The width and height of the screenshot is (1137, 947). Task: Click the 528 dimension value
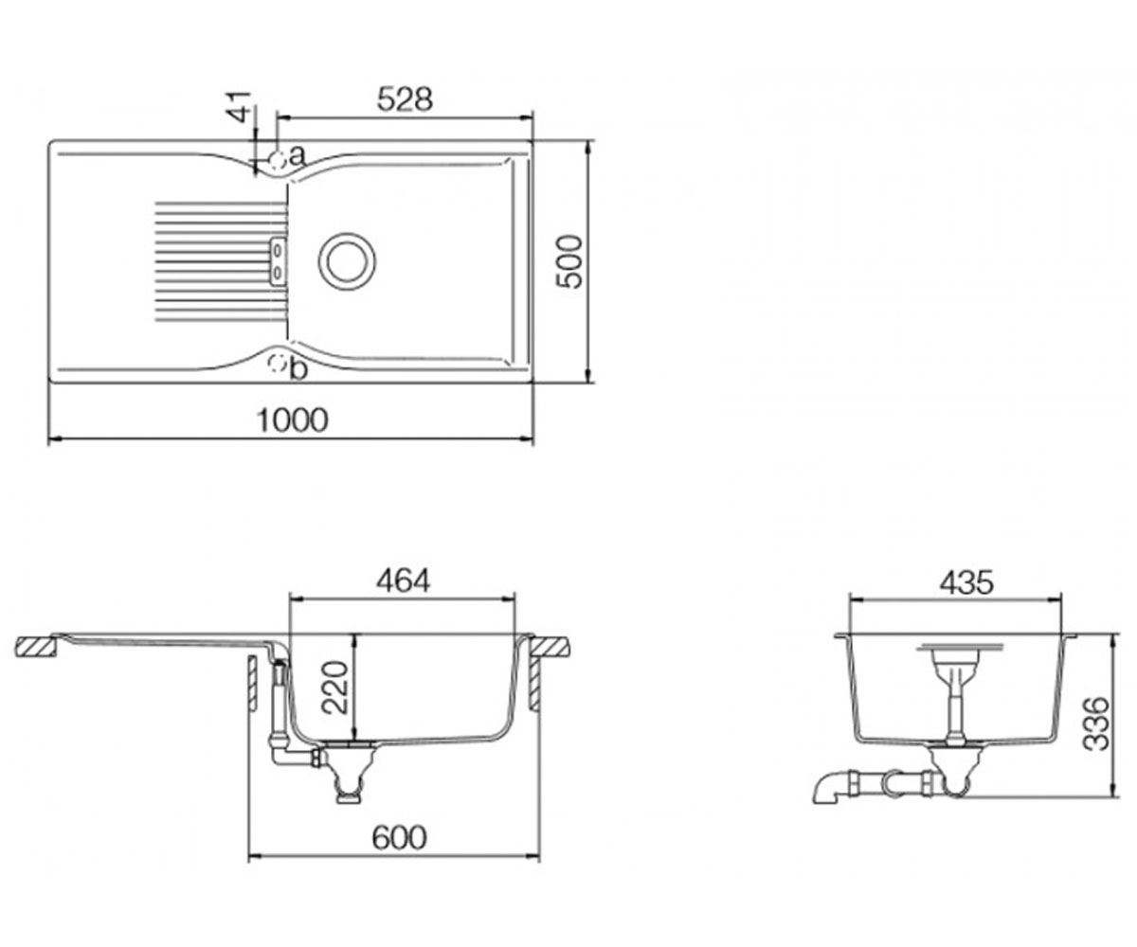click(405, 99)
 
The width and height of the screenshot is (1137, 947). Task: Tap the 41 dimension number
click(239, 107)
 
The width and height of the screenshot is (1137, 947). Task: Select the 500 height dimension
click(569, 261)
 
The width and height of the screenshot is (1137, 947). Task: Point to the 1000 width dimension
click(293, 420)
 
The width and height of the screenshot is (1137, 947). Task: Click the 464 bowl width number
click(403, 581)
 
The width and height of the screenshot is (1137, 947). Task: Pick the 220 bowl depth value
click(334, 688)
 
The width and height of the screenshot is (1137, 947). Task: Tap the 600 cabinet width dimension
click(399, 839)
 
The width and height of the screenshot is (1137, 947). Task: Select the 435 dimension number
click(966, 584)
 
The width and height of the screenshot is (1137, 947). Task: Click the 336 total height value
click(1096, 724)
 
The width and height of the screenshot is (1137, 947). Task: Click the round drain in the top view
click(347, 261)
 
